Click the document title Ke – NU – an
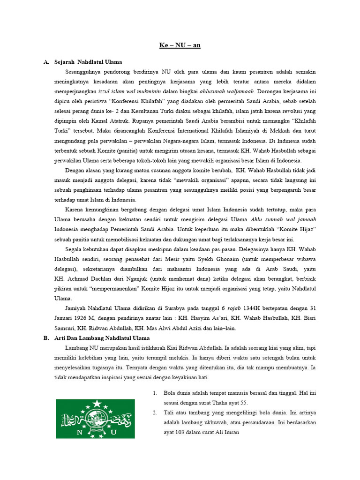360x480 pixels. click(x=180, y=45)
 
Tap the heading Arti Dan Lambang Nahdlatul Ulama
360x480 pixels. click(x=108, y=338)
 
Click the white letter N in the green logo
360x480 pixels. click(x=78, y=432)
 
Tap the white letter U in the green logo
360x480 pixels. click(x=113, y=432)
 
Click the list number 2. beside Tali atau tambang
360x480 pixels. click(x=155, y=413)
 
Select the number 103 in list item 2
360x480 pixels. click(x=180, y=433)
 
